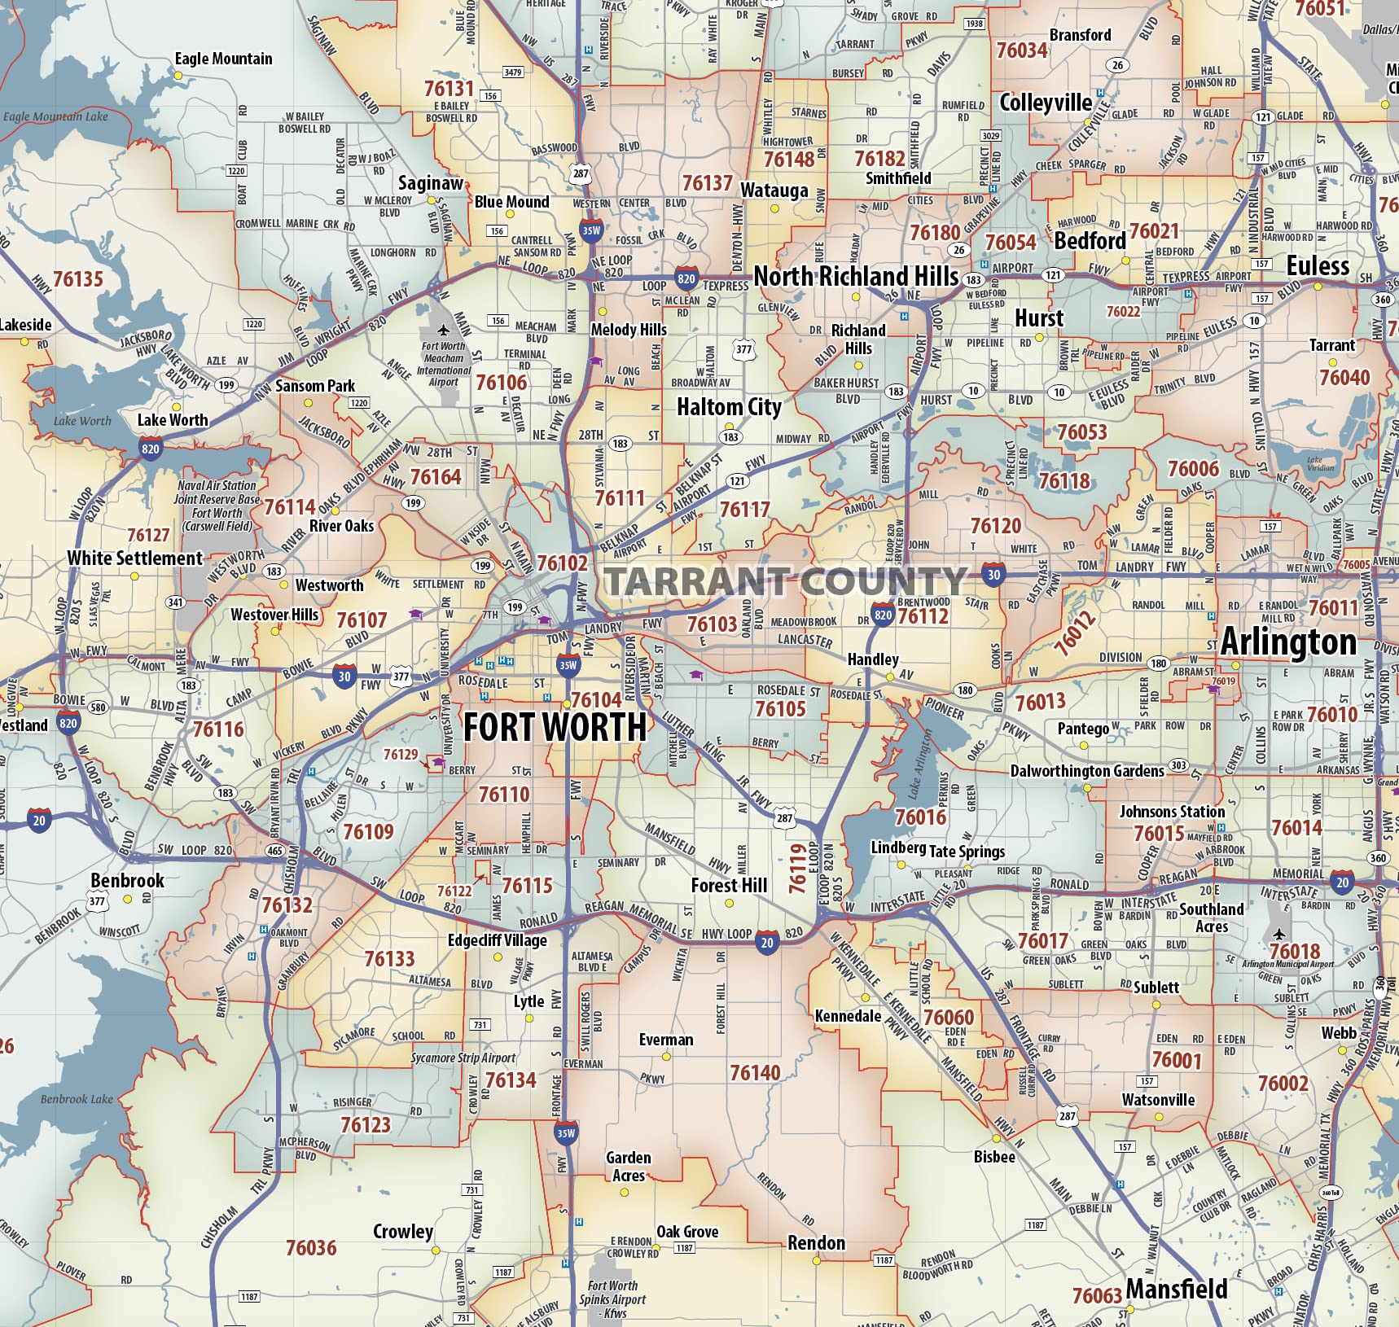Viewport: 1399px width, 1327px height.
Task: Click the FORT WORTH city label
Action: [555, 727]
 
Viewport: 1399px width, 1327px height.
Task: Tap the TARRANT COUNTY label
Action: [785, 581]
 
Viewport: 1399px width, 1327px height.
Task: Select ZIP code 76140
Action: [755, 1073]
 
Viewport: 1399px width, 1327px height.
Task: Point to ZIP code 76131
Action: [449, 88]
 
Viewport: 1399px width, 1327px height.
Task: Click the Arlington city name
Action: [1288, 642]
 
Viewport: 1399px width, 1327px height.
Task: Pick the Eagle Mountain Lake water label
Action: [55, 116]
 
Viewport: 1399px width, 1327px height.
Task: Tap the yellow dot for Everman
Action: [666, 1057]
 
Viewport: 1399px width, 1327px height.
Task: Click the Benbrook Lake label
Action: [77, 1099]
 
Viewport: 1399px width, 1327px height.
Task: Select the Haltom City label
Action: [729, 406]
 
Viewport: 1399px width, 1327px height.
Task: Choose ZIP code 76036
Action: [311, 1248]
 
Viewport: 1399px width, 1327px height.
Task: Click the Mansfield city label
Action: [1177, 1290]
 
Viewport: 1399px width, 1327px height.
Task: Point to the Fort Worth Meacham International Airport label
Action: [444, 363]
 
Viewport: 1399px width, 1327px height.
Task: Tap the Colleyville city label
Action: [1046, 103]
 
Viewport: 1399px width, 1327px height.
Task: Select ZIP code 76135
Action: [78, 279]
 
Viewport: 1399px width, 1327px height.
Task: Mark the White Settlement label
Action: [134, 558]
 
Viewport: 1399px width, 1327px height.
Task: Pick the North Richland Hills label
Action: [856, 277]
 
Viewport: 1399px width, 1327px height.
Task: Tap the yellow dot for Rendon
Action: [816, 1260]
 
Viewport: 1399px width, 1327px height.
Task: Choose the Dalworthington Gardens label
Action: [1086, 771]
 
